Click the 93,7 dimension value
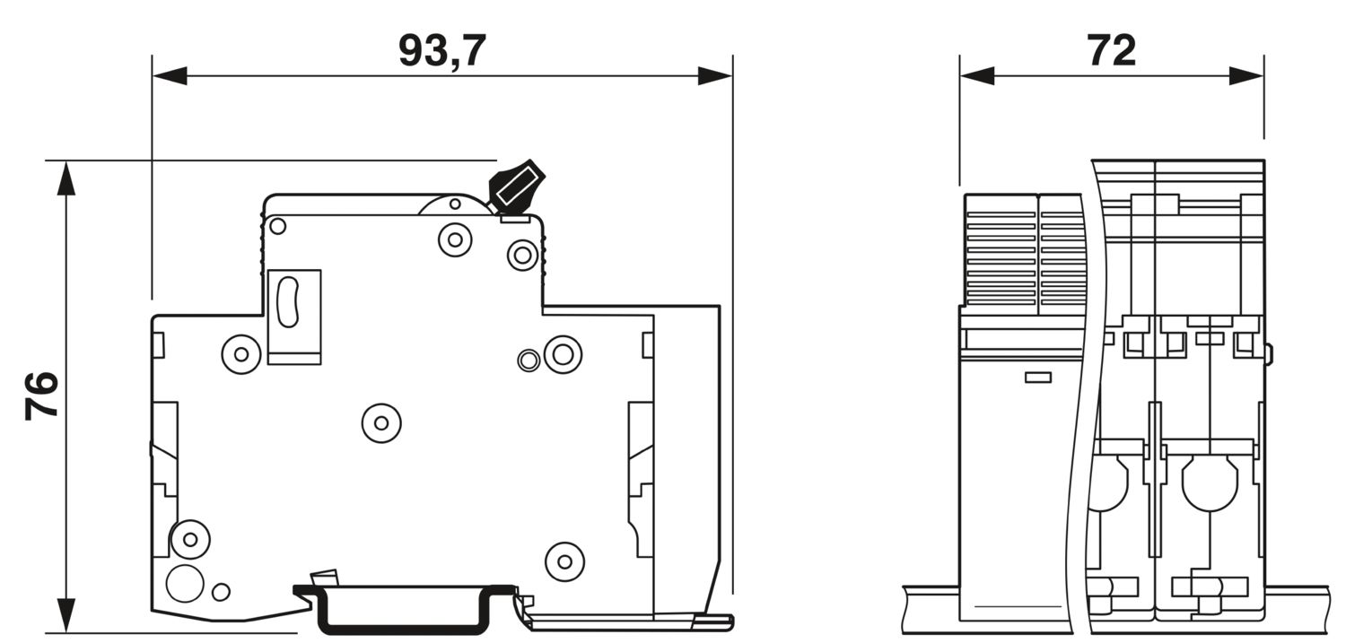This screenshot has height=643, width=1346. (x=441, y=52)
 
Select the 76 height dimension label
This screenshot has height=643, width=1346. (x=42, y=395)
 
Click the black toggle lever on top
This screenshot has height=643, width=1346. (x=516, y=186)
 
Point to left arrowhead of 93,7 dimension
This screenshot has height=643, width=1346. (x=170, y=76)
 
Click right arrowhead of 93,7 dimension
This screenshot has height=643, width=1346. (x=714, y=76)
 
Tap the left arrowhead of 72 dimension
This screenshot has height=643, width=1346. (x=977, y=76)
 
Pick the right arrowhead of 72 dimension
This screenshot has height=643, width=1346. (x=1246, y=76)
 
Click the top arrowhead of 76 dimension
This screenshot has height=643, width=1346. (x=66, y=178)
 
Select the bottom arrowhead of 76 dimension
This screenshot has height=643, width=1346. (x=66, y=615)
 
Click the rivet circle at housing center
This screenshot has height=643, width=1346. (x=381, y=423)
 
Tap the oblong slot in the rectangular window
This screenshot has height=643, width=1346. (x=288, y=302)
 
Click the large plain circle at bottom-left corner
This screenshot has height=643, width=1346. (x=185, y=584)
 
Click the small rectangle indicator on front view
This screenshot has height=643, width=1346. (x=1037, y=377)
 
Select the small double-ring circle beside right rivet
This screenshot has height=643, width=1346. (x=529, y=361)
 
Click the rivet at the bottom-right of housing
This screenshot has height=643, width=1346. (x=564, y=561)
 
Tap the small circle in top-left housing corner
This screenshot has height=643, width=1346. (x=277, y=226)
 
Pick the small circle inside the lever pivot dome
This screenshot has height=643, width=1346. (x=455, y=204)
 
